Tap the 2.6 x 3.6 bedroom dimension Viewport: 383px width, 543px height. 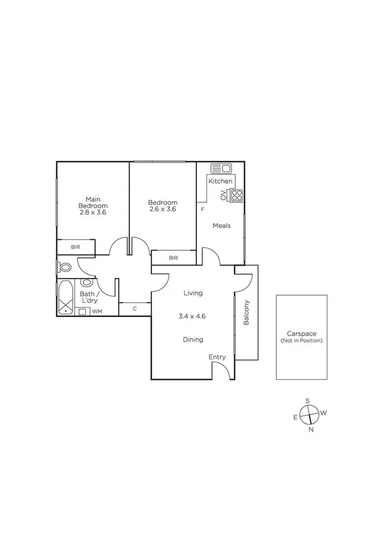pyautogui.click(x=162, y=209)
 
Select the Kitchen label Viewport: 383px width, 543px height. pyautogui.click(x=220, y=181)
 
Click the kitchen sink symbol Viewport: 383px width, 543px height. pyautogui.click(x=221, y=168)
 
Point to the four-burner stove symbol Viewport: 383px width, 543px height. pyautogui.click(x=237, y=195)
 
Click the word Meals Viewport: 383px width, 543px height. pyautogui.click(x=221, y=226)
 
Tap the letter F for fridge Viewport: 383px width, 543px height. pyautogui.click(x=202, y=209)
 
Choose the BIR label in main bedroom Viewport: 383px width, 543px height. pyautogui.click(x=75, y=247)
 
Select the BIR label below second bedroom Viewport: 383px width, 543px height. pyautogui.click(x=173, y=258)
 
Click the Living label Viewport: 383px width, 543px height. pyautogui.click(x=192, y=293)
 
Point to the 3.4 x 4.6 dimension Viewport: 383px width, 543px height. pyautogui.click(x=192, y=316)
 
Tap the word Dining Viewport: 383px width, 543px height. pyautogui.click(x=192, y=340)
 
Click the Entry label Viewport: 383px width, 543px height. pyautogui.click(x=217, y=357)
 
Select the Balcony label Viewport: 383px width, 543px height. pyautogui.click(x=246, y=313)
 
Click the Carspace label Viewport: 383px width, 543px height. pyautogui.click(x=301, y=333)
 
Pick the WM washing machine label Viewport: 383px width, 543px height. pyautogui.click(x=97, y=311)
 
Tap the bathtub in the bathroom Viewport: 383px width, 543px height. pyautogui.click(x=65, y=298)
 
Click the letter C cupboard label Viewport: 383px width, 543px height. pyautogui.click(x=135, y=309)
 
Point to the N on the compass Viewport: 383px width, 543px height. pyautogui.click(x=311, y=430)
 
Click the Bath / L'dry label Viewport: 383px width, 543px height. pyautogui.click(x=88, y=297)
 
